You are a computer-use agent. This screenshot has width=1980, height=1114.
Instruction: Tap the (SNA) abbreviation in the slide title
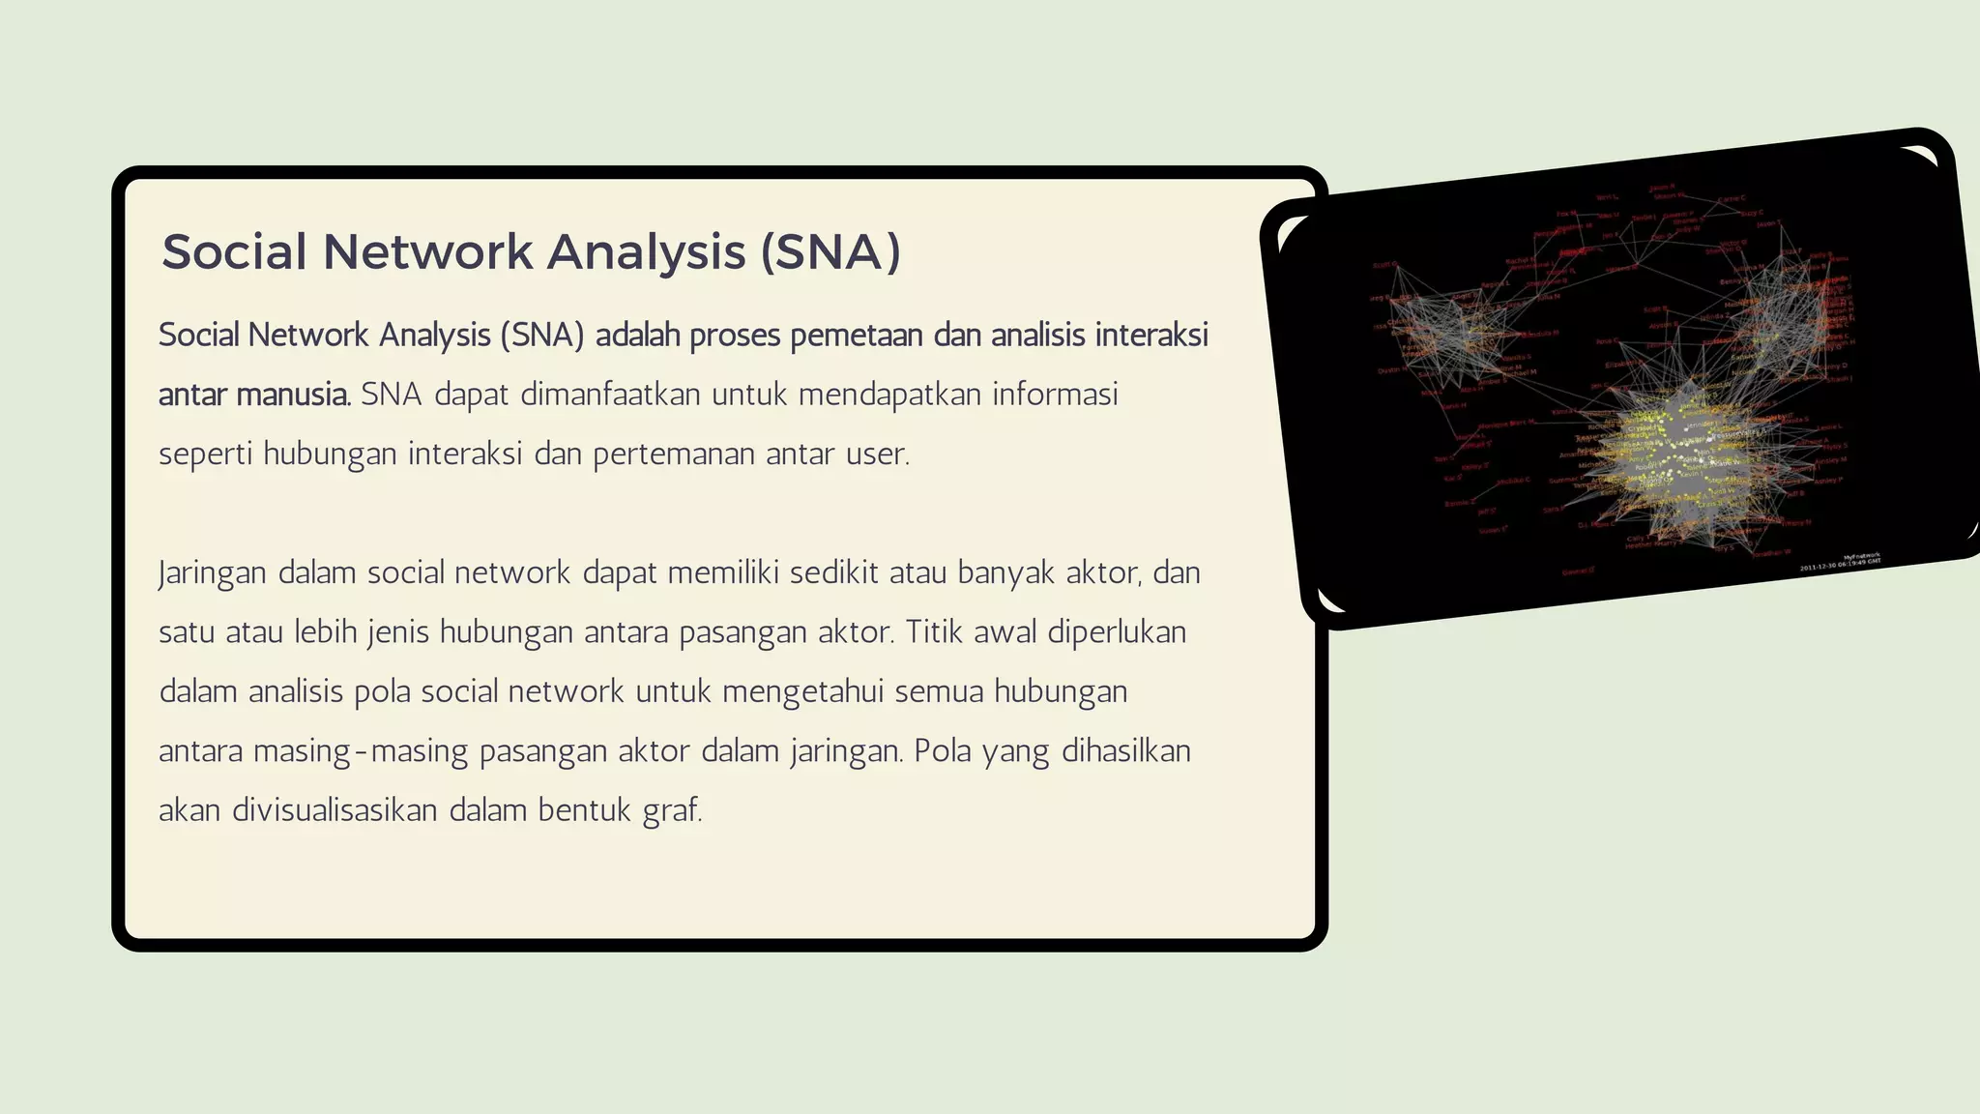(x=830, y=251)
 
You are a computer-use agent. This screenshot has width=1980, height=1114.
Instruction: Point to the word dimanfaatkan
(x=610, y=395)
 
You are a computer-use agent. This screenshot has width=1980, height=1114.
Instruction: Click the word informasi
(x=1055, y=395)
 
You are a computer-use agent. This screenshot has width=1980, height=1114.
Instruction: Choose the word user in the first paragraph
(x=876, y=454)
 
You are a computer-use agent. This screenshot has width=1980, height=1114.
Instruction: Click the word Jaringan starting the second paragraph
(x=213, y=572)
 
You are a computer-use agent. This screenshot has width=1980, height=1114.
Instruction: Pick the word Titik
(x=934, y=631)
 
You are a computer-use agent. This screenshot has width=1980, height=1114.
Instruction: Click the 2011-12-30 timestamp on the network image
(x=1840, y=564)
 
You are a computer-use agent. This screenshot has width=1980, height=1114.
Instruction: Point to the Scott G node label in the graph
(x=1384, y=264)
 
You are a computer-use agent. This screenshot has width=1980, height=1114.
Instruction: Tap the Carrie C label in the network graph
(x=1732, y=198)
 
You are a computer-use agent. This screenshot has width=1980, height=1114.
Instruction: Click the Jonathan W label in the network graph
(x=1771, y=553)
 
